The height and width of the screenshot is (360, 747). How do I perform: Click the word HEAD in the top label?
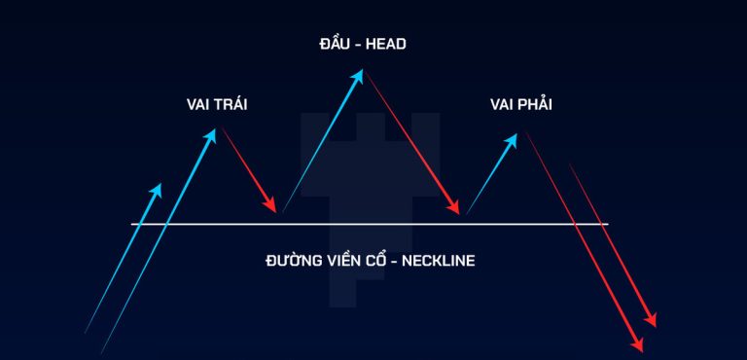tap(386, 45)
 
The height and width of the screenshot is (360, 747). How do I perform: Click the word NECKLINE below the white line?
tap(439, 262)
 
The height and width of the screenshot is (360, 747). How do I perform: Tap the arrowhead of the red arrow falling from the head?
tap(453, 207)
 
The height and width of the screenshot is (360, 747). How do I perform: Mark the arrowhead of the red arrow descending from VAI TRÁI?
tap(270, 205)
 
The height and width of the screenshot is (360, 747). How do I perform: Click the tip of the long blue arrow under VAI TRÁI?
tap(216, 128)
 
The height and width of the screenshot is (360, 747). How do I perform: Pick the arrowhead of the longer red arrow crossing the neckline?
tap(638, 345)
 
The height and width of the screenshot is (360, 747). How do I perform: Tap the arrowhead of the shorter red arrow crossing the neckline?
tap(651, 320)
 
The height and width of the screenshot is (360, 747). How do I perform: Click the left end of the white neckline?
tap(131, 224)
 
